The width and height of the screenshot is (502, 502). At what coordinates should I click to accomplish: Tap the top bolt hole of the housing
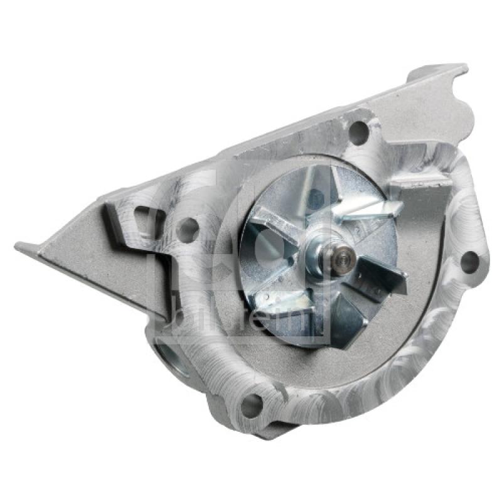pos(359,131)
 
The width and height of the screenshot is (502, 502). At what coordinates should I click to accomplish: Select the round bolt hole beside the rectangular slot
pos(187,228)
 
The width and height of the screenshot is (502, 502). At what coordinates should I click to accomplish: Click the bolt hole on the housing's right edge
pos(469,261)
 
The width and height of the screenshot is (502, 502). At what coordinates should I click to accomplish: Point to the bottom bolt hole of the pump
pos(251,405)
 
